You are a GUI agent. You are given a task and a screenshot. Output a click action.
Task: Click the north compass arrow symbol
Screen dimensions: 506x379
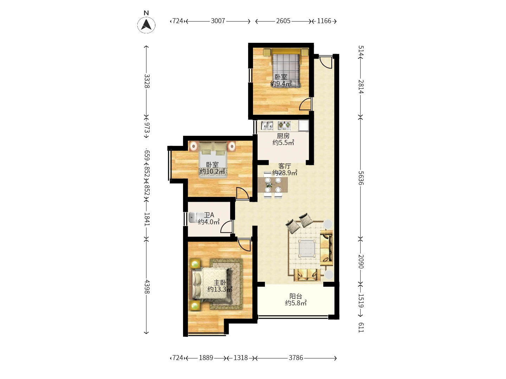click(146, 25)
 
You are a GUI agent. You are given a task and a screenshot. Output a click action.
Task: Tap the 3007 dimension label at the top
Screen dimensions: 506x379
click(218, 21)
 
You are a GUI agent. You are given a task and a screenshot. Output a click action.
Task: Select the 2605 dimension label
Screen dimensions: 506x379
click(283, 21)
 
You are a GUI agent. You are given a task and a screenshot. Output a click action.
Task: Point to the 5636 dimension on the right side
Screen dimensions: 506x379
click(361, 178)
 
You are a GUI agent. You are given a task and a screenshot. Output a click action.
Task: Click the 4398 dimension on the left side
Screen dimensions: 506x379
click(147, 287)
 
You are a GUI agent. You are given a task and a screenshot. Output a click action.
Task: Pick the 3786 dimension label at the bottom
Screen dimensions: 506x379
click(296, 358)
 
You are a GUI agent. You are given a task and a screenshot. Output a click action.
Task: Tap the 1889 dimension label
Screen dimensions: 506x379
click(206, 358)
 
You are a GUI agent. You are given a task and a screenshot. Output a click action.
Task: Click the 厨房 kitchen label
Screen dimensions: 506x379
click(283, 136)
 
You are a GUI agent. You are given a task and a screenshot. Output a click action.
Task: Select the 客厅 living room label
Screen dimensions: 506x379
click(285, 166)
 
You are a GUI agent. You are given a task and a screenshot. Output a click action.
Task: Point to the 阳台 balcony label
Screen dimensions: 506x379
click(296, 296)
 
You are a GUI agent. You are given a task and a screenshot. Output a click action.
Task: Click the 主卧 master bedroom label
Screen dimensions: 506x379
click(220, 282)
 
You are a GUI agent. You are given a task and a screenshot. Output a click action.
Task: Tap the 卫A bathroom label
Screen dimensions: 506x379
click(209, 215)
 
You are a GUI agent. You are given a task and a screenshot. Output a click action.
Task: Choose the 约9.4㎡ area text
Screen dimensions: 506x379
click(281, 84)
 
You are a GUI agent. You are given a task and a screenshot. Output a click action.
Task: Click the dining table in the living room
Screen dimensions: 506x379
click(273, 185)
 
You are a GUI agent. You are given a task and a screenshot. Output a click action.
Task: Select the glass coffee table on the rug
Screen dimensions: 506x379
click(307, 248)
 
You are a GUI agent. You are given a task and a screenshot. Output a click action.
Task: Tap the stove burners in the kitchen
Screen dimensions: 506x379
click(284, 125)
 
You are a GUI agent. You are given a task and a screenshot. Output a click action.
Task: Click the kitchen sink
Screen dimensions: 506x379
click(267, 126)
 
